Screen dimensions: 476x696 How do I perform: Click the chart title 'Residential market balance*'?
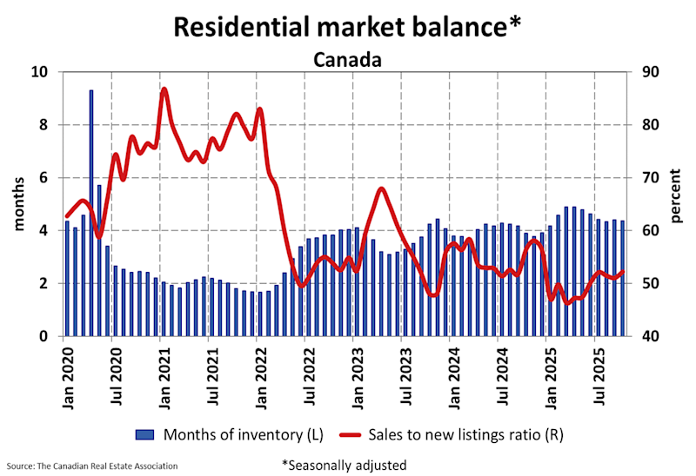tap(348, 26)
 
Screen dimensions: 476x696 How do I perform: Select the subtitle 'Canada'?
tap(348, 60)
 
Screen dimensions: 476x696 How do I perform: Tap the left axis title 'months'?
tap(18, 205)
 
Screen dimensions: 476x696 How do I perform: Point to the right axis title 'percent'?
tap(679, 205)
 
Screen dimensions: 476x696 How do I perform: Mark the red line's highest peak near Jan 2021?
tap(164, 89)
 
